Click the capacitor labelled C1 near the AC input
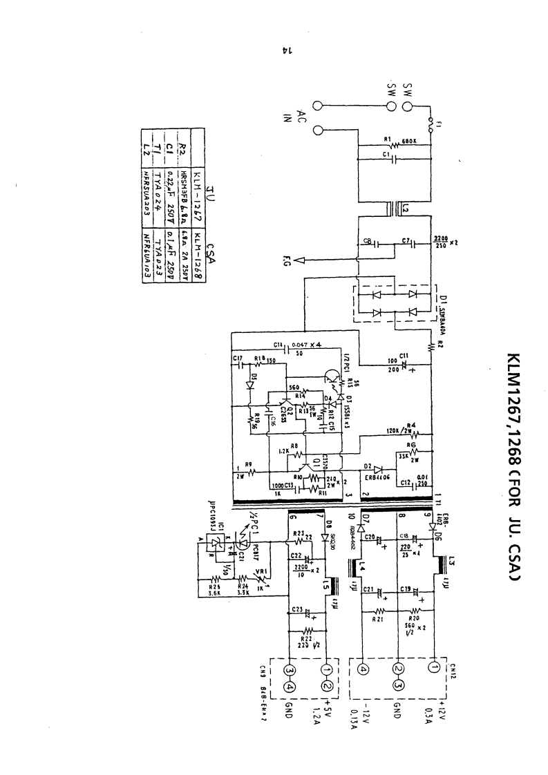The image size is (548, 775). tap(395, 163)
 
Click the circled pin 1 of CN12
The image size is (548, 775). tap(434, 668)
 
